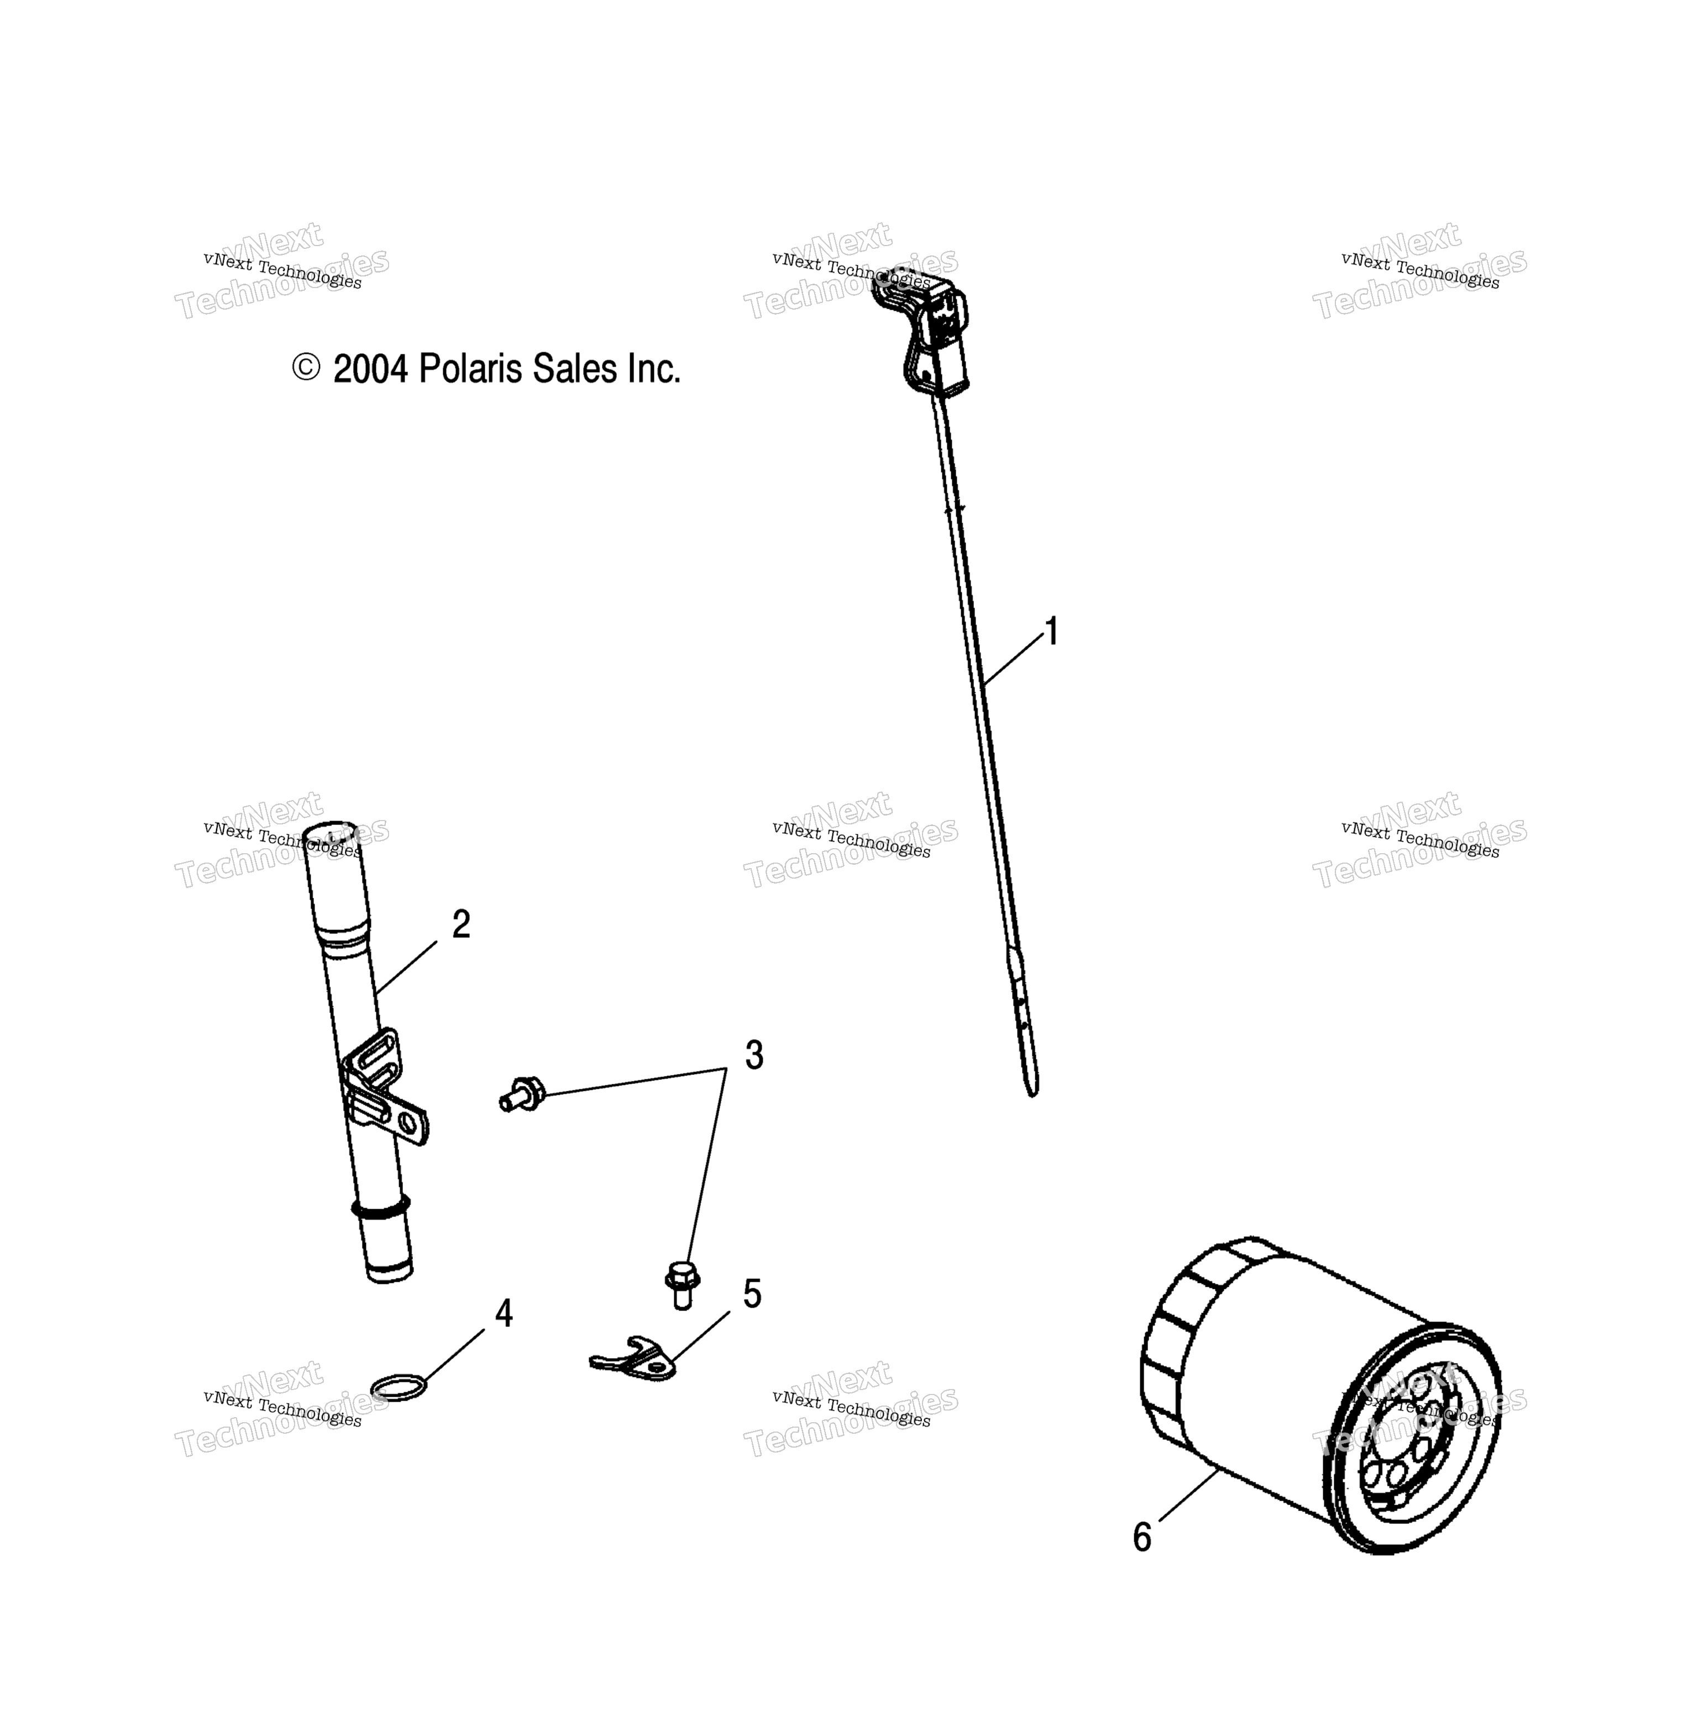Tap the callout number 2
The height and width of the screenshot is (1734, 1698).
point(461,924)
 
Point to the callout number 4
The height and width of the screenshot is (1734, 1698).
point(504,1314)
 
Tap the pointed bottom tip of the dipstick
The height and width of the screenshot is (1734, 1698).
point(1033,1094)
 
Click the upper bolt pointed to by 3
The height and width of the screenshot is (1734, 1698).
point(522,1094)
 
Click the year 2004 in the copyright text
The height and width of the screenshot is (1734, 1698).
point(370,368)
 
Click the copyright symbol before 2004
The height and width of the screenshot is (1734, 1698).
point(306,368)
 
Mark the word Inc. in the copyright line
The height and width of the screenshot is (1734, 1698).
point(654,368)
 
